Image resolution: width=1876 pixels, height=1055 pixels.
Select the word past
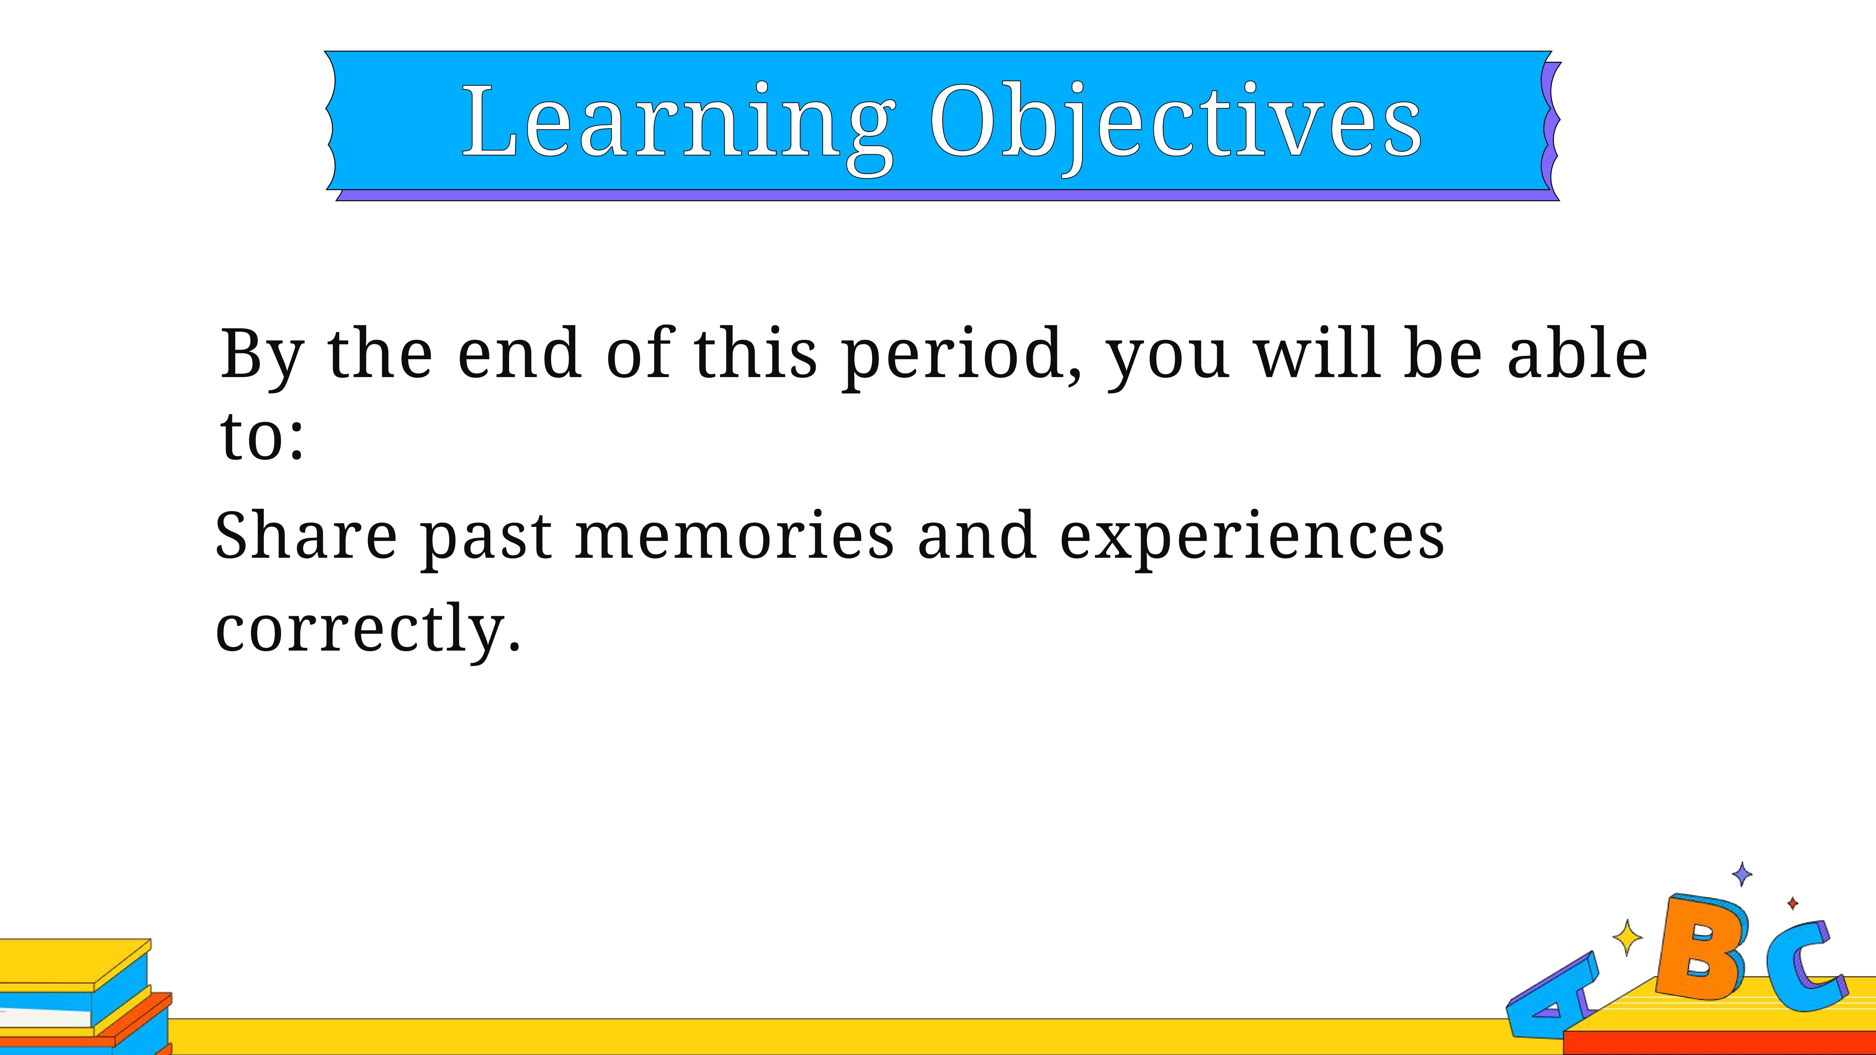(486, 540)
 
